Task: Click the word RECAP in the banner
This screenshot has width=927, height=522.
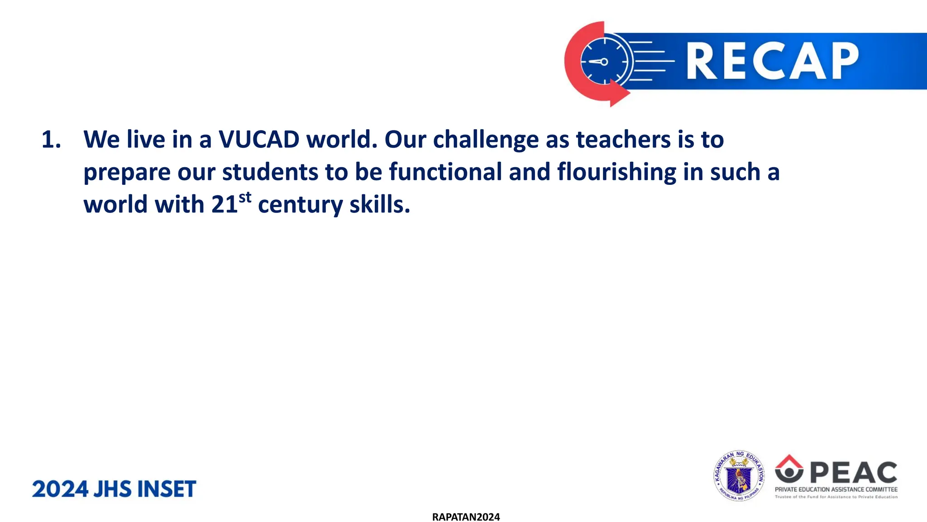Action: click(772, 61)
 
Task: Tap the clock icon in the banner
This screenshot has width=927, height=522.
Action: click(604, 62)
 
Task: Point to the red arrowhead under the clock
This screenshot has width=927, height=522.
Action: click(618, 93)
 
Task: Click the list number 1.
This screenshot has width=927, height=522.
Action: click(51, 140)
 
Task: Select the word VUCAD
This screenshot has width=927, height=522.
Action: click(259, 140)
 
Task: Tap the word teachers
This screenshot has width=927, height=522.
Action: click(623, 140)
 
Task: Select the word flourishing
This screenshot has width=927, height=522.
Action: click(616, 173)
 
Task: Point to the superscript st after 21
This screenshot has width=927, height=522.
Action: click(245, 198)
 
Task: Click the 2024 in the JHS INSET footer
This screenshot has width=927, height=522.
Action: click(60, 489)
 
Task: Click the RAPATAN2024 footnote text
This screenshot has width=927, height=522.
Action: click(466, 517)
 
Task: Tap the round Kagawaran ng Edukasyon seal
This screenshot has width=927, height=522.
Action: click(739, 476)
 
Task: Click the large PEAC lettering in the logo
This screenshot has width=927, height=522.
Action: click(853, 473)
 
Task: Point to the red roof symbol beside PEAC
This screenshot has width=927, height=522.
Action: click(789, 461)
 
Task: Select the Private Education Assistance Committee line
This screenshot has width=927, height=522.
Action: click(836, 489)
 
